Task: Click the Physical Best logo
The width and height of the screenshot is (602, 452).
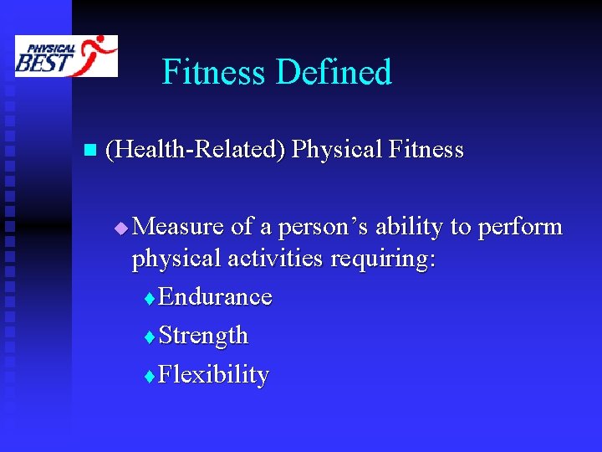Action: (66, 56)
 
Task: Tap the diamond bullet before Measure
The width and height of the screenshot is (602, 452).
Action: (121, 228)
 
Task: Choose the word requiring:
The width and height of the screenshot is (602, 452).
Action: (383, 259)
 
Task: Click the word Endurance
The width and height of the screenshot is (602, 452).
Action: (215, 297)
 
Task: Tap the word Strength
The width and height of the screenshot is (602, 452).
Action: (203, 336)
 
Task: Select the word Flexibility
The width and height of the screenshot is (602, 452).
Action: (213, 374)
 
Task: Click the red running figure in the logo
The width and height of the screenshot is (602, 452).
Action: (99, 54)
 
